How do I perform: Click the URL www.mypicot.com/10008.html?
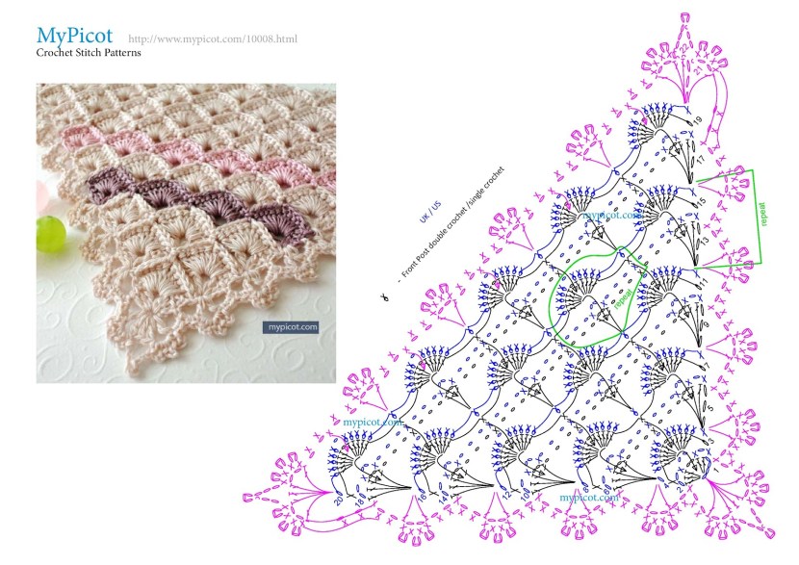212,39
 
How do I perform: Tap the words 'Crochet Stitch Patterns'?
89,54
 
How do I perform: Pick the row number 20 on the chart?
338,501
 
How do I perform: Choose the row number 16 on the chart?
421,498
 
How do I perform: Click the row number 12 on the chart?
504,497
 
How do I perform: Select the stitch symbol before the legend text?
383,299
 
